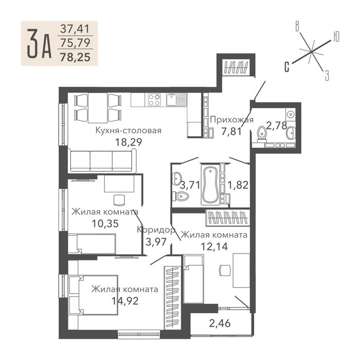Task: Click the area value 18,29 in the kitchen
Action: [x=129, y=142]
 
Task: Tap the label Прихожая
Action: [x=231, y=120]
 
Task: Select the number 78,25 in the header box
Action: [x=75, y=57]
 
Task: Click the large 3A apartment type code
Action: [x=39, y=44]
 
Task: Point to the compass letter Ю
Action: [x=336, y=37]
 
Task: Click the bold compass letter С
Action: [x=287, y=67]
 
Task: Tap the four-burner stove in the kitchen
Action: [x=154, y=100]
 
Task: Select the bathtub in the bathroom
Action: [x=210, y=184]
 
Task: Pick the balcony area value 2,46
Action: [x=220, y=323]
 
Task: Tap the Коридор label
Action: [x=156, y=229]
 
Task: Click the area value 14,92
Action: [x=125, y=301]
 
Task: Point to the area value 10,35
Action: [x=105, y=223]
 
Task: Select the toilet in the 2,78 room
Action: [x=262, y=134]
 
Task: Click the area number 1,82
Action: [x=238, y=185]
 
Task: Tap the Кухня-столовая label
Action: [x=129, y=131]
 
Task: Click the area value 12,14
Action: [x=214, y=246]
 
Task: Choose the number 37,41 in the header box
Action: [x=75, y=29]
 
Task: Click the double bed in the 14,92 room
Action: [x=94, y=295]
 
